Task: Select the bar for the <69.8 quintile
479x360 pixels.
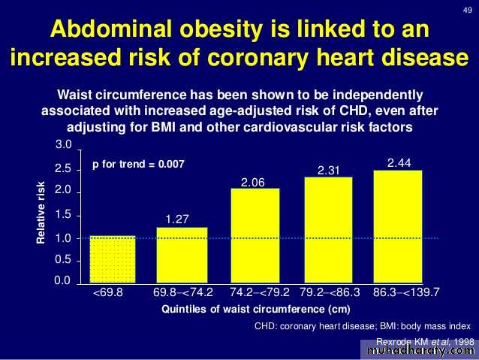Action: (113, 259)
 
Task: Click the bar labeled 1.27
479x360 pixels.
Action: (182, 254)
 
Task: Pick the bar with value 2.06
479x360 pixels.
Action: (255, 234)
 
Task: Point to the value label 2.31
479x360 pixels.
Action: (329, 171)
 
